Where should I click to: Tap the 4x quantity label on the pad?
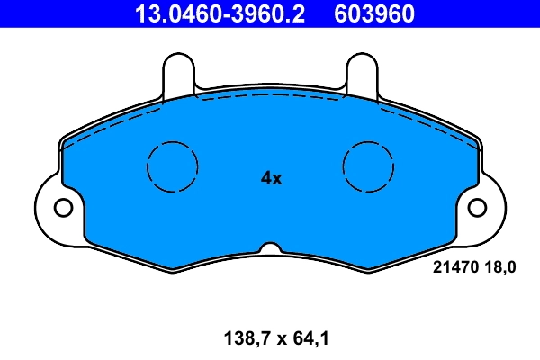pos(271,178)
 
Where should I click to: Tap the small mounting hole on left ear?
pos(63,208)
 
